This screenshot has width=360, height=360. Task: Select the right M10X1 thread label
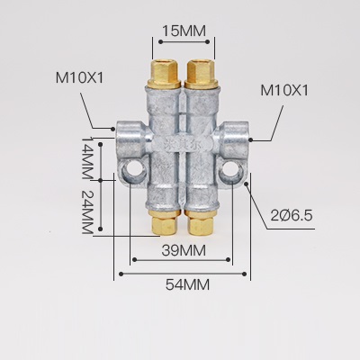point(285,92)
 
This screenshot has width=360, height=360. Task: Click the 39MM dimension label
point(184,248)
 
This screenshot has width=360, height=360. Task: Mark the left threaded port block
point(128,135)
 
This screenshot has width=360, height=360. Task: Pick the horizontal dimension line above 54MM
point(184,271)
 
